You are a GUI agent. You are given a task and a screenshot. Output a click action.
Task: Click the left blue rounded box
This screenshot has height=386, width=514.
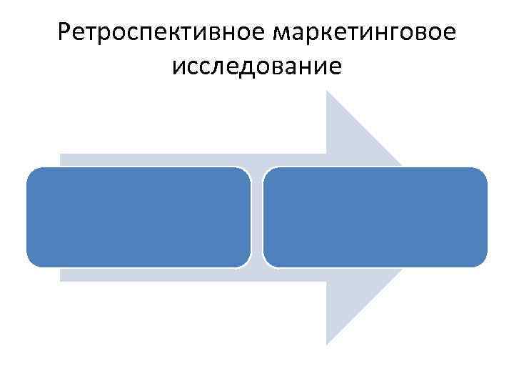click(x=138, y=217)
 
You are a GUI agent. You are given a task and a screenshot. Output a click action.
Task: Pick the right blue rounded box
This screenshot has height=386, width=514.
click(x=375, y=217)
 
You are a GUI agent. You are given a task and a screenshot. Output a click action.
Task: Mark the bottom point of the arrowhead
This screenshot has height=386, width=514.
click(x=327, y=343)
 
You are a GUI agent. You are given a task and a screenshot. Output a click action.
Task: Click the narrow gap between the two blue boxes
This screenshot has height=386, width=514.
click(x=257, y=217)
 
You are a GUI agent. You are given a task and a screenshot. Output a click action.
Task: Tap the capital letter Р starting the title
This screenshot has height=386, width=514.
click(x=66, y=33)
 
